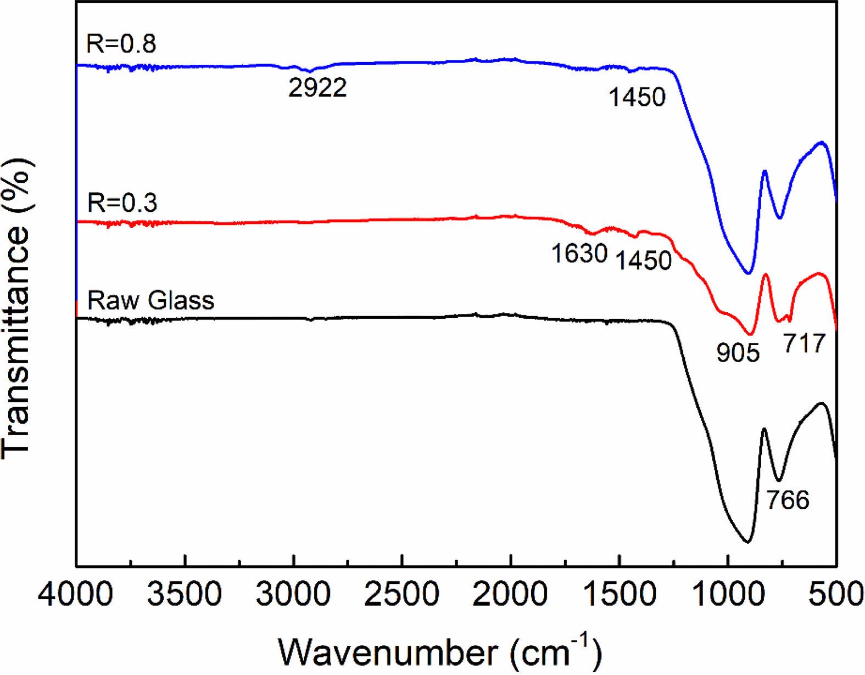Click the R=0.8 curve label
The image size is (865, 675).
point(121,44)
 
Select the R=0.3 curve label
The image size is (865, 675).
point(122,203)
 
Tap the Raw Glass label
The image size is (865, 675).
point(151,300)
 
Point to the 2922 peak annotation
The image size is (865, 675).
point(318,88)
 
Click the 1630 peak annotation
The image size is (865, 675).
point(579,254)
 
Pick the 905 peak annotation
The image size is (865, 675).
point(738,352)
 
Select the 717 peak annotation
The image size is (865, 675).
point(805,344)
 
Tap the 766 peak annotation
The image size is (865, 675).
point(788,500)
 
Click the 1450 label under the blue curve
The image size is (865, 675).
point(637,98)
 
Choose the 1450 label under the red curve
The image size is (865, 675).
point(643,261)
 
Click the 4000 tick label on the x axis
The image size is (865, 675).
point(76,594)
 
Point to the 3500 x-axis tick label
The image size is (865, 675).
point(185,594)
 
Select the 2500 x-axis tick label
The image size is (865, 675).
point(401,594)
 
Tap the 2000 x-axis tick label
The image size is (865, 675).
point(510,594)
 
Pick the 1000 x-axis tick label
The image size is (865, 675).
point(727,594)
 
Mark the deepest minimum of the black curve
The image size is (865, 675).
point(747,542)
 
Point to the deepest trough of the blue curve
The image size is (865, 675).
point(747,273)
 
